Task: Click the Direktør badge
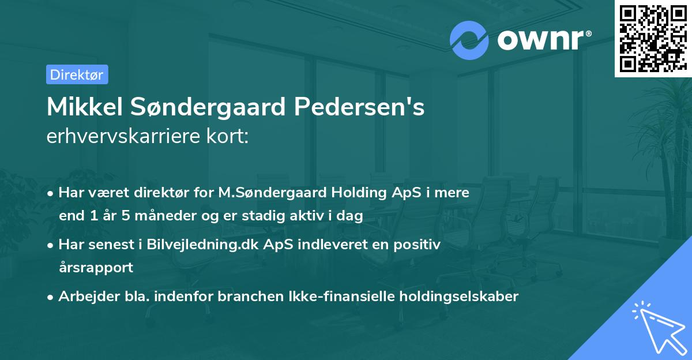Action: click(x=77, y=74)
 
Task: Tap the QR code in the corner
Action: click(x=652, y=39)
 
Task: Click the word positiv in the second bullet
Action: click(x=420, y=244)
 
